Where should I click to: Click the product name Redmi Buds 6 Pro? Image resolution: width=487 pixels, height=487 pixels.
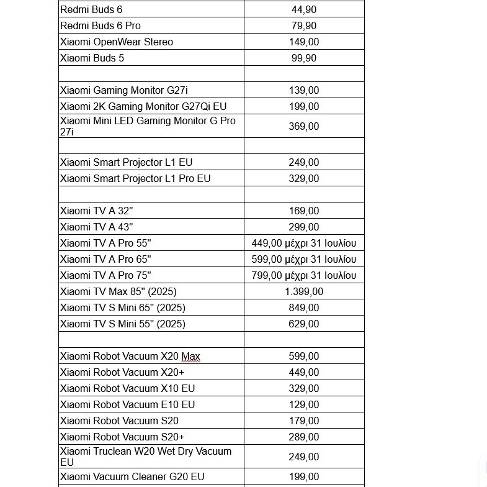[x=101, y=25]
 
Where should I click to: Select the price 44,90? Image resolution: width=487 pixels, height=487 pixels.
[x=304, y=9]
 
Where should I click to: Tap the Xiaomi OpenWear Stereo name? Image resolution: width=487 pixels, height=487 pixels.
[x=117, y=42]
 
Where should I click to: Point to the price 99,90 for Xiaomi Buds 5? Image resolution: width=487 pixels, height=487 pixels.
[x=304, y=58]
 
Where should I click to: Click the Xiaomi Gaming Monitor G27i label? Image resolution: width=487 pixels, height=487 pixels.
[x=124, y=90]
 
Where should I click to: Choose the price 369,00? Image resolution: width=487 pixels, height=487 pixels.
[x=304, y=126]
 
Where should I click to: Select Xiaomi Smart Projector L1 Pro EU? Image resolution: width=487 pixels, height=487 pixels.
[x=135, y=178]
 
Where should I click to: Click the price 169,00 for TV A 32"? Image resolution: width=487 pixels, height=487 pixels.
[x=304, y=211]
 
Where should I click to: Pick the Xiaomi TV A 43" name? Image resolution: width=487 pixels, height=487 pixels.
[x=96, y=227]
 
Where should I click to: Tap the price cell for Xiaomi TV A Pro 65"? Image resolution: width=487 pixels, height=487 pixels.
[x=304, y=259]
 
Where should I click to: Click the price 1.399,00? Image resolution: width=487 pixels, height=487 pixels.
[x=304, y=291]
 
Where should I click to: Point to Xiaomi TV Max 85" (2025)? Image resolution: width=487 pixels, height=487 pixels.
[x=118, y=291]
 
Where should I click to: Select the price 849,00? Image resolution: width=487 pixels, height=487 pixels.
[x=304, y=307]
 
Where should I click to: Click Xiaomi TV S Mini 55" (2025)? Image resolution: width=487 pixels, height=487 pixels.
[x=123, y=324]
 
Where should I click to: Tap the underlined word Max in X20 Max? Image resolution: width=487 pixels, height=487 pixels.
[x=190, y=357]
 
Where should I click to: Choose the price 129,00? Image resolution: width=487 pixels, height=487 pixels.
[x=304, y=404]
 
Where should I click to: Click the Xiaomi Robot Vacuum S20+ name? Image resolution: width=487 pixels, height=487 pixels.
[x=122, y=437]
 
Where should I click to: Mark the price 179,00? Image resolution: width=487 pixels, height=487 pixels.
[x=304, y=421]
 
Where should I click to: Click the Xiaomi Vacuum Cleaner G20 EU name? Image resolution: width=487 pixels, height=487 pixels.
[x=132, y=476]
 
